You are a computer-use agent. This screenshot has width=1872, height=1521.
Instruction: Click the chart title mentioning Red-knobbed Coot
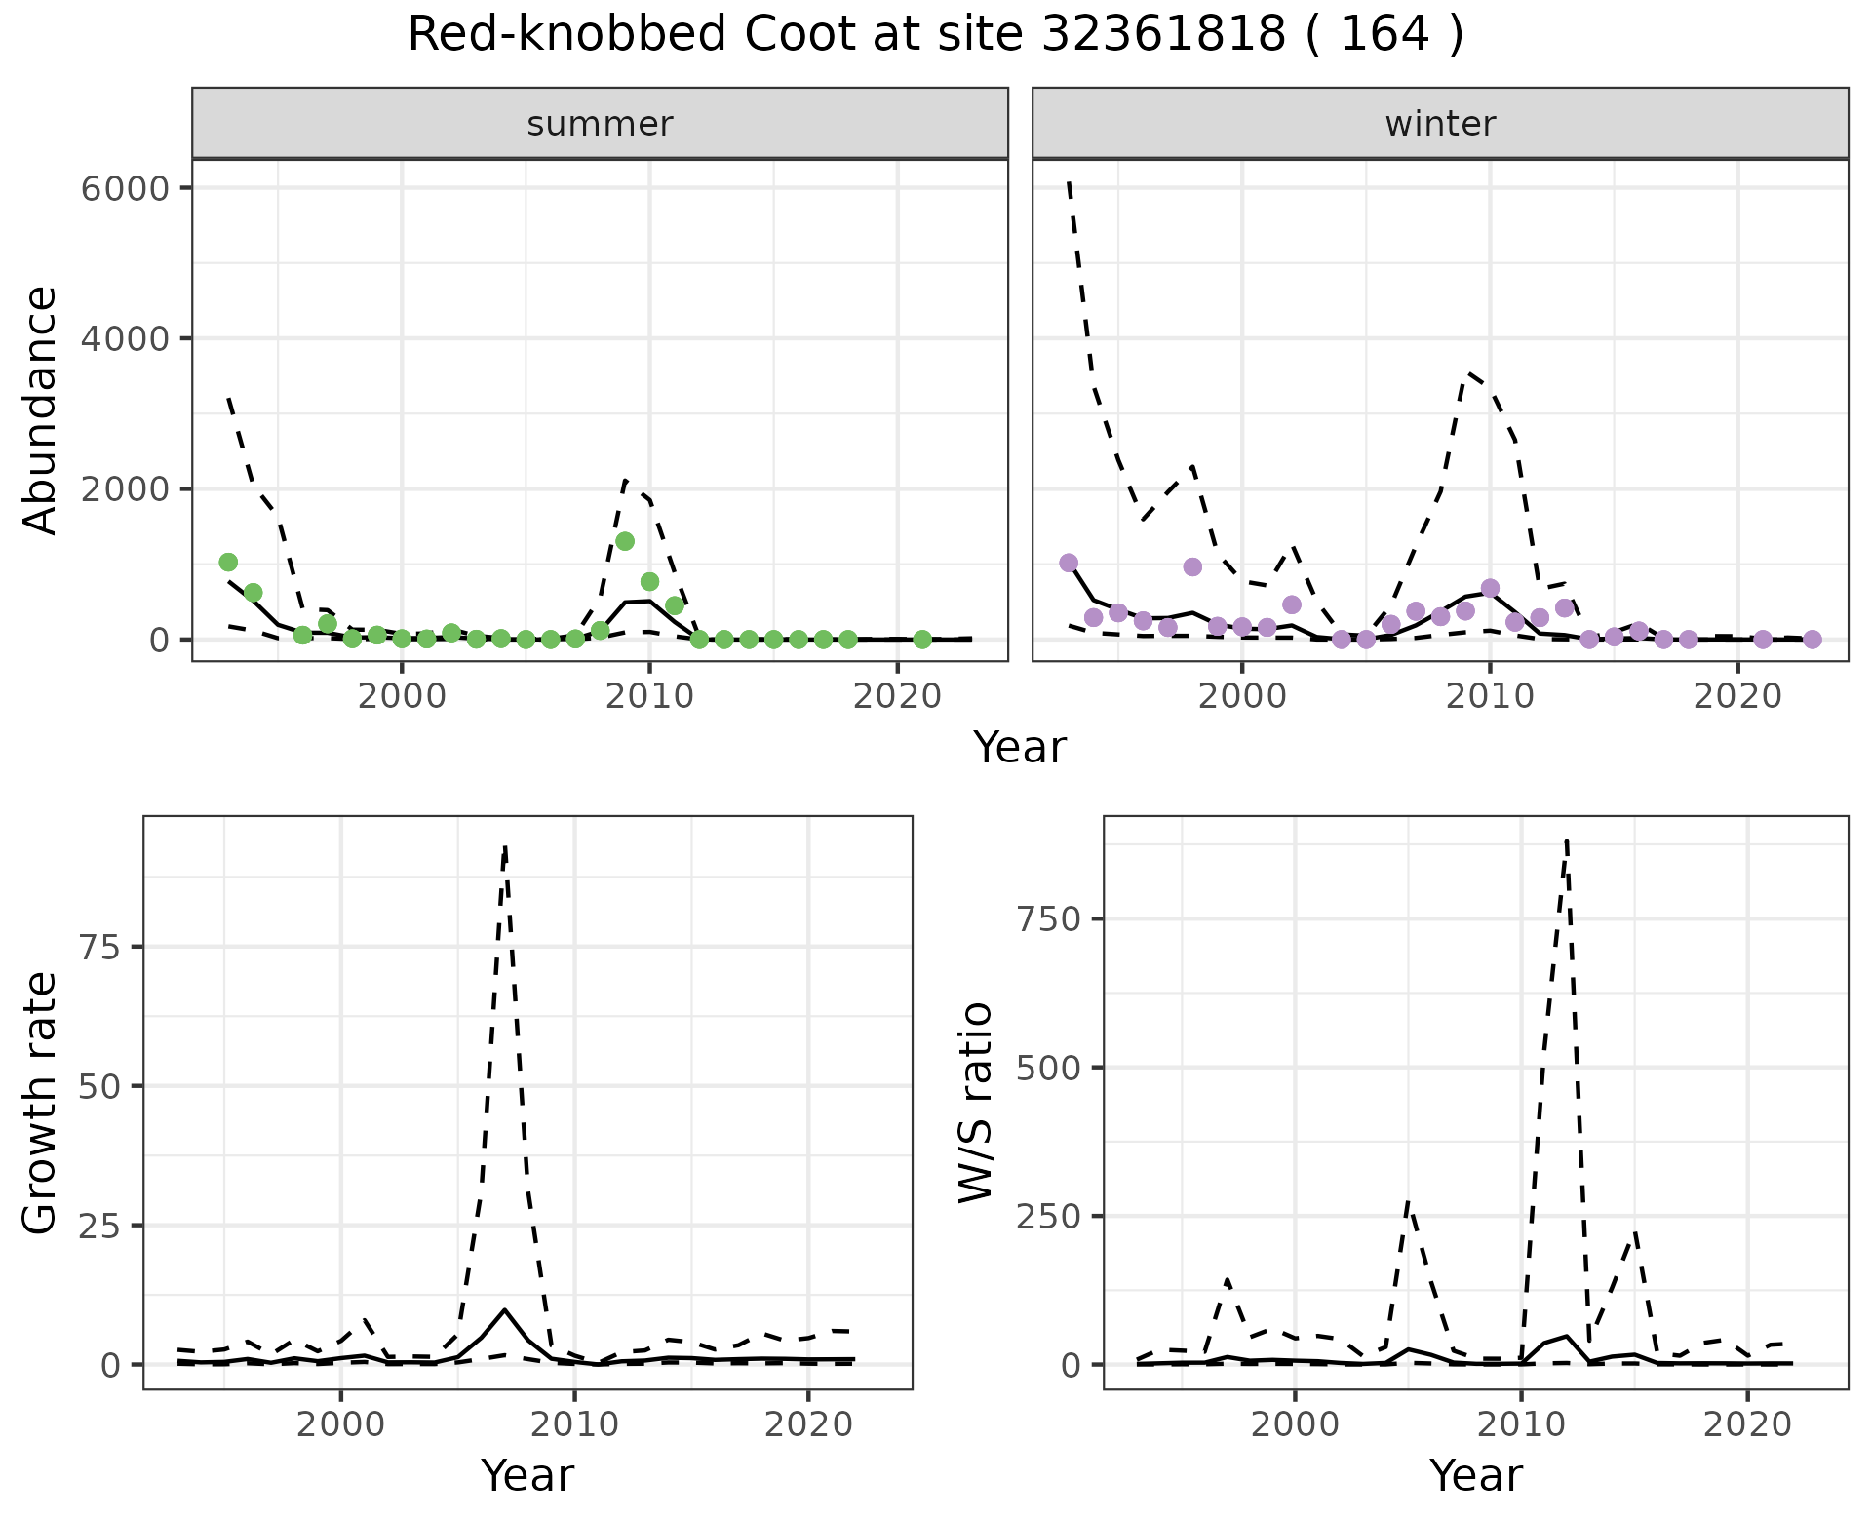coord(935,35)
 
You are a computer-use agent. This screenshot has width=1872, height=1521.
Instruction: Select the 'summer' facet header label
coord(600,124)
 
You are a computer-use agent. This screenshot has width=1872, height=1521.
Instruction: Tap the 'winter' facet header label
coord(1440,124)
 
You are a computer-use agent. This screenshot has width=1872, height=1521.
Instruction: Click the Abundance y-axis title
coord(41,410)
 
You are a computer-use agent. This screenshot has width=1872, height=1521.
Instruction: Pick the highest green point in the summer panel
coord(625,541)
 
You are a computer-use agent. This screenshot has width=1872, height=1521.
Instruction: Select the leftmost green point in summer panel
coord(228,562)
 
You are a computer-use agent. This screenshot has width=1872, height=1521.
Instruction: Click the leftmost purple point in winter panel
coord(1069,563)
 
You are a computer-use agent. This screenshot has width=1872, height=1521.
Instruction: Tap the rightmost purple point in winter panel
coord(1813,640)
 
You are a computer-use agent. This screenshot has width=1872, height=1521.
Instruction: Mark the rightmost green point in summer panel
coord(922,640)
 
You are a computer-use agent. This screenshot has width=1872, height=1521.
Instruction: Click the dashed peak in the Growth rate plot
coord(505,846)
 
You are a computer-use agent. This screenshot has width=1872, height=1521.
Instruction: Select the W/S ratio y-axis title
coord(975,1103)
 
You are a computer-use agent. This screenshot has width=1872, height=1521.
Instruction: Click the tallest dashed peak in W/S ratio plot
coord(1566,839)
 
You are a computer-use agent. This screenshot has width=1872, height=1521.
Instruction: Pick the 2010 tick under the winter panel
coord(1490,696)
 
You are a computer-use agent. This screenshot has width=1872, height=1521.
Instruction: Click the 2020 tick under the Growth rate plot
coord(808,1424)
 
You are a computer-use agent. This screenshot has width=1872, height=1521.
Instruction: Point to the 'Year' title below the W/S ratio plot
coord(1476,1475)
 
